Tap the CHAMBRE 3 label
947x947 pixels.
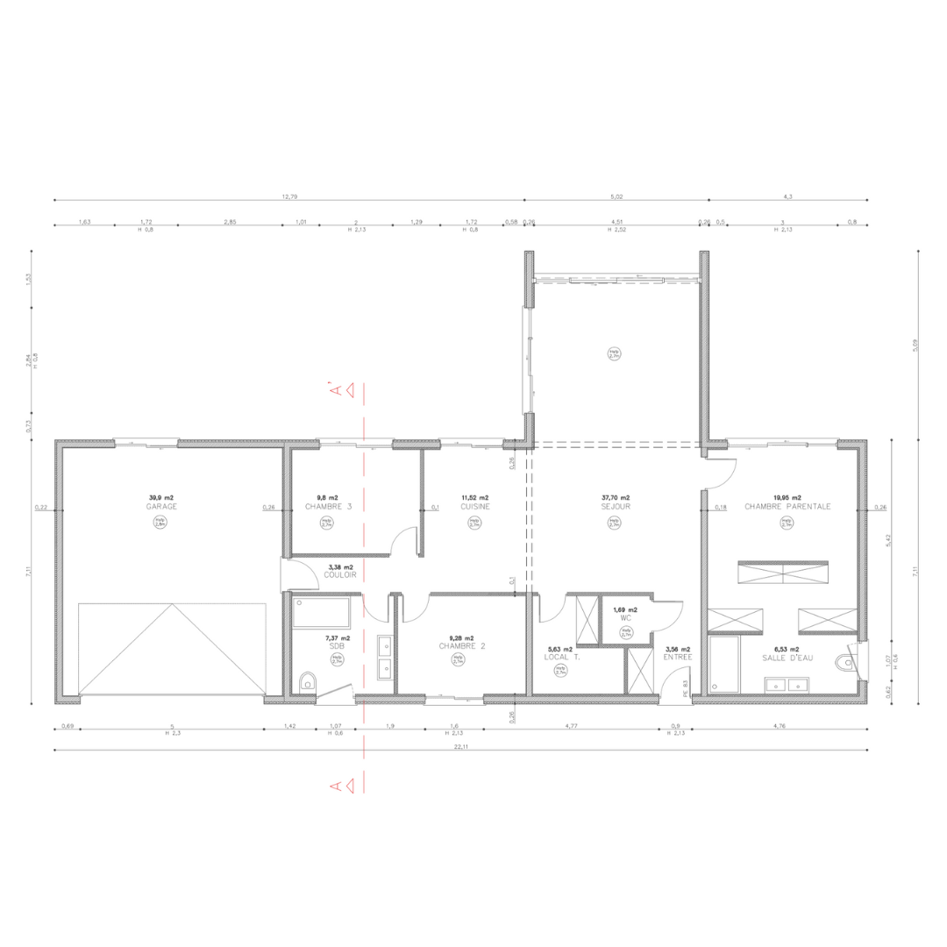pos(327,508)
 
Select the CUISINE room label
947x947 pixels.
pos(474,508)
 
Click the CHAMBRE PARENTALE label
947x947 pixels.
pos(787,507)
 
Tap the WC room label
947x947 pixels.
pos(626,618)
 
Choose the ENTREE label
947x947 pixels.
pos(678,657)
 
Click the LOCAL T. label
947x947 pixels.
pos(560,657)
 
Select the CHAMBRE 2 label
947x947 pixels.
pos(462,646)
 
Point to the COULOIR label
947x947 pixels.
pos(339,575)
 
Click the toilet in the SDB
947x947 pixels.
pos(306,682)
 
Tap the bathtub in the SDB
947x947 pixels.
pos(320,612)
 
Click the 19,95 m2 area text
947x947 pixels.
pos(787,497)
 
